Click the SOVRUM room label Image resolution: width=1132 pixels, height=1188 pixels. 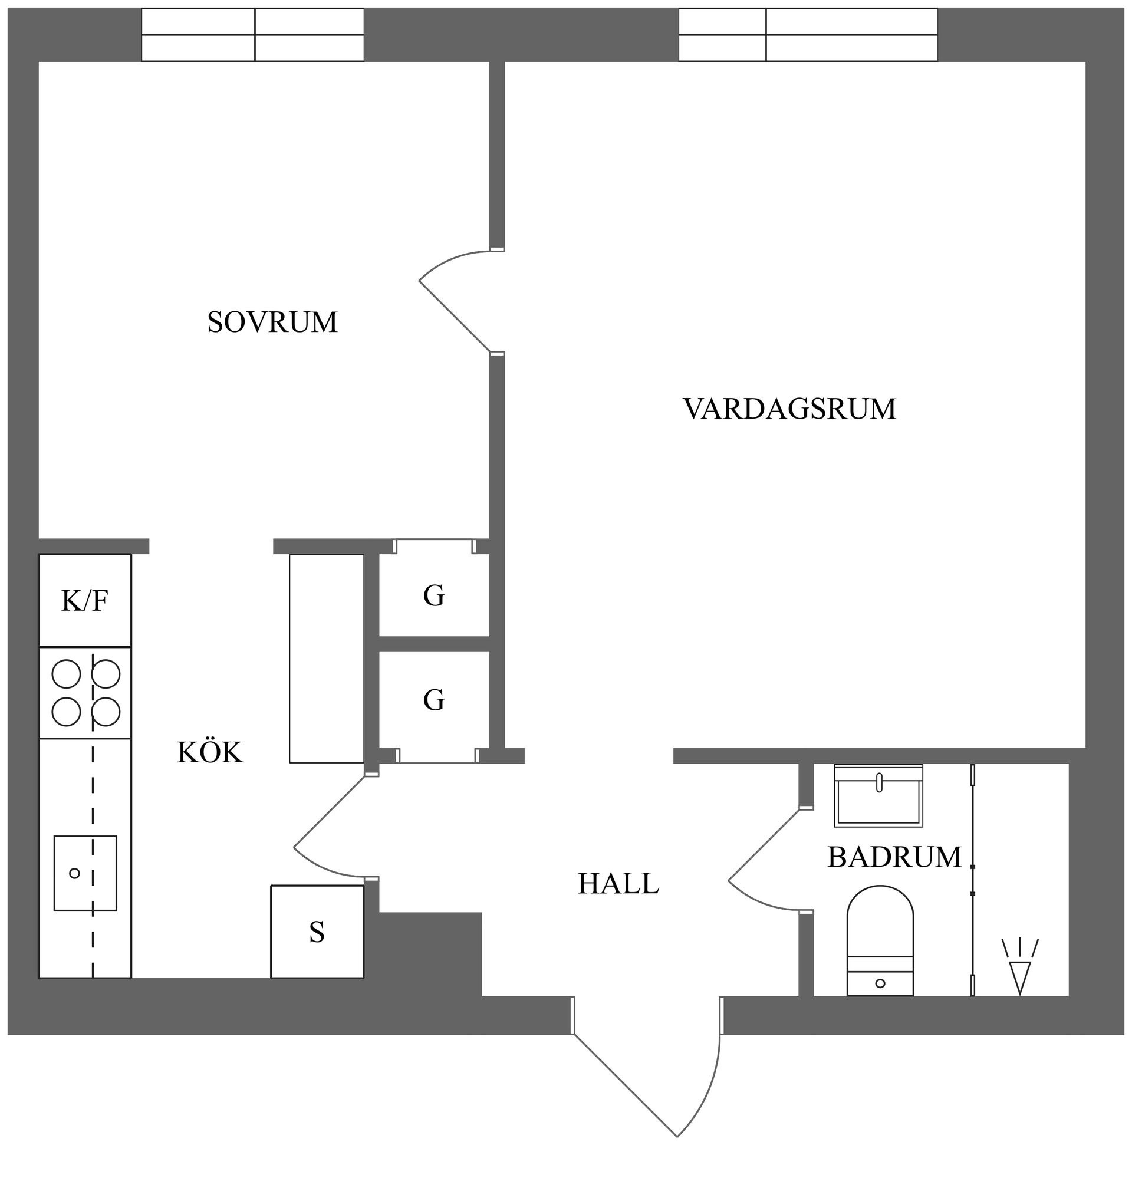point(272,322)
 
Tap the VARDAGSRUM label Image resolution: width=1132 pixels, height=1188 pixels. point(789,409)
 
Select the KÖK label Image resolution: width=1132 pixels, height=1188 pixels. point(210,753)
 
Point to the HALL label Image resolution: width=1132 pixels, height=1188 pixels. point(618,884)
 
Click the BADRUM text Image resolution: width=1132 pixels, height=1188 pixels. point(894,857)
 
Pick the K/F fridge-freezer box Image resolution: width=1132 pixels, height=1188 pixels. point(84,601)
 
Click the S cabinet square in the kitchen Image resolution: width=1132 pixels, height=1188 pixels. point(317,932)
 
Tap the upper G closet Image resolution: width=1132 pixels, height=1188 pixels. point(434,595)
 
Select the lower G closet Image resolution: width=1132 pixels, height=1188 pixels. point(434,700)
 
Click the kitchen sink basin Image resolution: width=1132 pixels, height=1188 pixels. point(85,873)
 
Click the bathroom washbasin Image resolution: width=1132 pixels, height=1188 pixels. point(878,795)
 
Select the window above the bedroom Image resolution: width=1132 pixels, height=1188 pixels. point(253,34)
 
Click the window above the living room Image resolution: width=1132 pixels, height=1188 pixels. point(808,34)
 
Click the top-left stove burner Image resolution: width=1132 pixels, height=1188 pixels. point(67,674)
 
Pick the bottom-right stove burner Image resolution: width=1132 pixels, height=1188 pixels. point(106,712)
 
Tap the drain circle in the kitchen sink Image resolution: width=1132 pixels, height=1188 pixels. point(75,873)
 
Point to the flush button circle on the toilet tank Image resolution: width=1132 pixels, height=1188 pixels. point(880,983)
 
